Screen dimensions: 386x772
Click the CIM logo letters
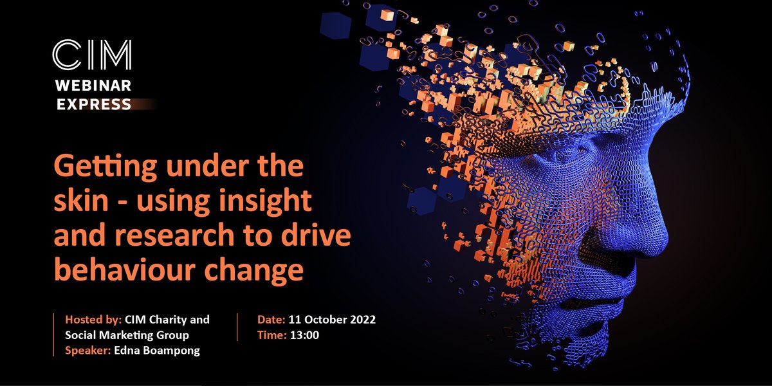[x=91, y=55]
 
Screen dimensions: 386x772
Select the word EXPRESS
[x=94, y=104]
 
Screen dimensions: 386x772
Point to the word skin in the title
[x=78, y=203]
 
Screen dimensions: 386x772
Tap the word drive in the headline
[x=319, y=236]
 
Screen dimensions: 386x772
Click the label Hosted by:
[x=91, y=320]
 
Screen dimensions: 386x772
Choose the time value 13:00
[x=306, y=335]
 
